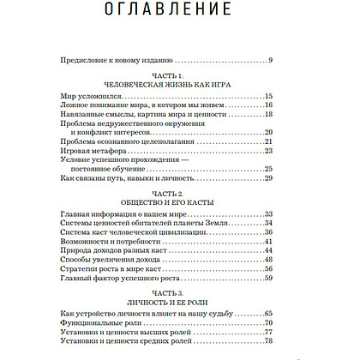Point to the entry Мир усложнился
pos(93,97)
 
